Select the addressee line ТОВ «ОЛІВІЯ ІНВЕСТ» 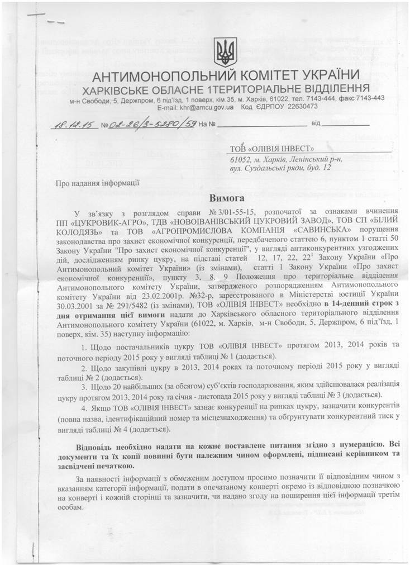tap(273, 149)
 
